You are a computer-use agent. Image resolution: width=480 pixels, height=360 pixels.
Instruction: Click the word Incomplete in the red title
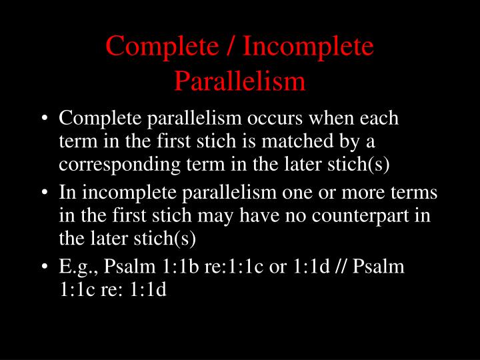click(x=308, y=47)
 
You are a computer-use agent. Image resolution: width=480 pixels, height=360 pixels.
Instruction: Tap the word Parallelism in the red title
click(x=239, y=81)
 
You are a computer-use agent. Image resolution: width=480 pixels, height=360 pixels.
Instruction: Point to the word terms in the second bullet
click(x=418, y=193)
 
